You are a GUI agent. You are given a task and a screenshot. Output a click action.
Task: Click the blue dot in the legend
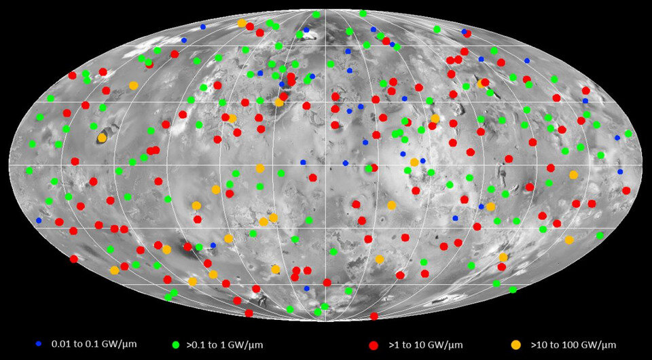(38, 344)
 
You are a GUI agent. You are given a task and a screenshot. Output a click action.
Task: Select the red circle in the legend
(373, 345)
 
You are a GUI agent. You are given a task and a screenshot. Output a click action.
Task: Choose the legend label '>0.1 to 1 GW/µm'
(226, 345)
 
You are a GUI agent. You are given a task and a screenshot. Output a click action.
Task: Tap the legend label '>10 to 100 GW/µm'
(573, 345)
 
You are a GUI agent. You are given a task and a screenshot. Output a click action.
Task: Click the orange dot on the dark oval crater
(102, 138)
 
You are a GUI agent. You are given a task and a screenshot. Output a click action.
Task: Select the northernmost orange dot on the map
(242, 23)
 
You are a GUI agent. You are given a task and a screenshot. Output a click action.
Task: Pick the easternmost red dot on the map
(626, 191)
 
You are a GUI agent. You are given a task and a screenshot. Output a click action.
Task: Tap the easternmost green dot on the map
(628, 134)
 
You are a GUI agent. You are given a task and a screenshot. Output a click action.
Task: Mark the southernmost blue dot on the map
(306, 289)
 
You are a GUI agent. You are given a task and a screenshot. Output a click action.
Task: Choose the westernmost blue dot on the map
(39, 220)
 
